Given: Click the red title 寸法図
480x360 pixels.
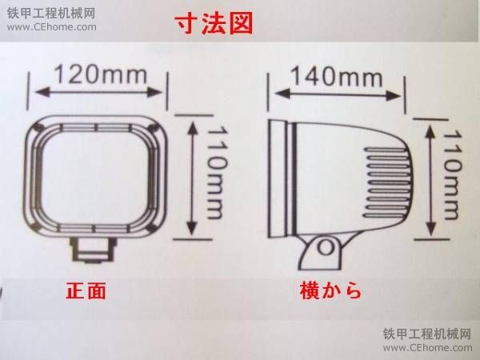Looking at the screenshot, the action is click(x=214, y=23).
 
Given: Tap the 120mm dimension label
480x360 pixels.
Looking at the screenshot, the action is click(x=101, y=75).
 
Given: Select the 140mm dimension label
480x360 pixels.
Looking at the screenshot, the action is click(x=337, y=76).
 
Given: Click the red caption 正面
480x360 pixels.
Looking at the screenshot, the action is click(x=86, y=290).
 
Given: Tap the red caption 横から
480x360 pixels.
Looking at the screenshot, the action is click(x=331, y=290).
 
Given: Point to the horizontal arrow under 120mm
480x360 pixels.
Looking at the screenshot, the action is click(x=98, y=91).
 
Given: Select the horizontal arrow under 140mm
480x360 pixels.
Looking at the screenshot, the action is click(x=338, y=94).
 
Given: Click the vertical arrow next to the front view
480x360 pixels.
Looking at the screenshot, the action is click(x=192, y=178).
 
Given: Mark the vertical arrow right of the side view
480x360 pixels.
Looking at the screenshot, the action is click(x=430, y=180).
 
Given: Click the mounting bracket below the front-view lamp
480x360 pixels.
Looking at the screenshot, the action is click(x=93, y=250).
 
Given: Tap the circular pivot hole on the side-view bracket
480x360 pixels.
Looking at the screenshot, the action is click(x=326, y=246).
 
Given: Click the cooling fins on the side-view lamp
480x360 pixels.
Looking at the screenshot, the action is click(x=387, y=182).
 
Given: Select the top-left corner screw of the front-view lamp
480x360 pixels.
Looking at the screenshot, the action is click(x=38, y=126).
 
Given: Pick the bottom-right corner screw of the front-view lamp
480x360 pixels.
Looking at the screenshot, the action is click(x=151, y=228).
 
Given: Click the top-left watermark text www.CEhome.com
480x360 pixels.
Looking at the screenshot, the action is click(x=52, y=27).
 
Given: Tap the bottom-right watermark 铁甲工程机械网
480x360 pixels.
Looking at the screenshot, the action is click(x=427, y=334).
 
